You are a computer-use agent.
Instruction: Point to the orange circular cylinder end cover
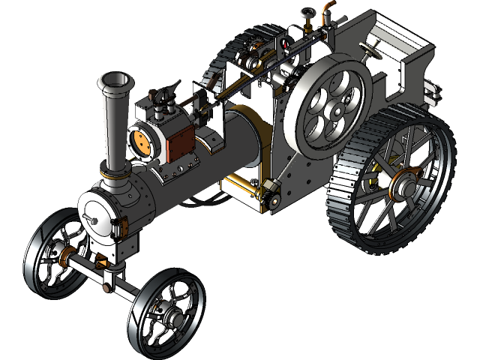[x=140, y=141]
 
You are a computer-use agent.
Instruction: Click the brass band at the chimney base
[x=115, y=175]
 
